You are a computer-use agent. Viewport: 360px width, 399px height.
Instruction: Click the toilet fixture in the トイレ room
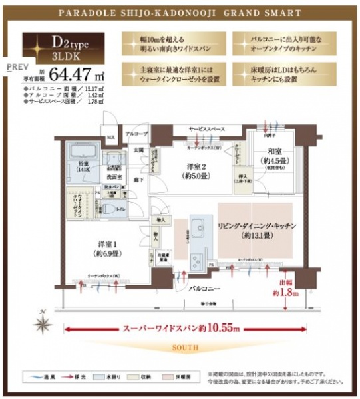[x=105, y=211]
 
